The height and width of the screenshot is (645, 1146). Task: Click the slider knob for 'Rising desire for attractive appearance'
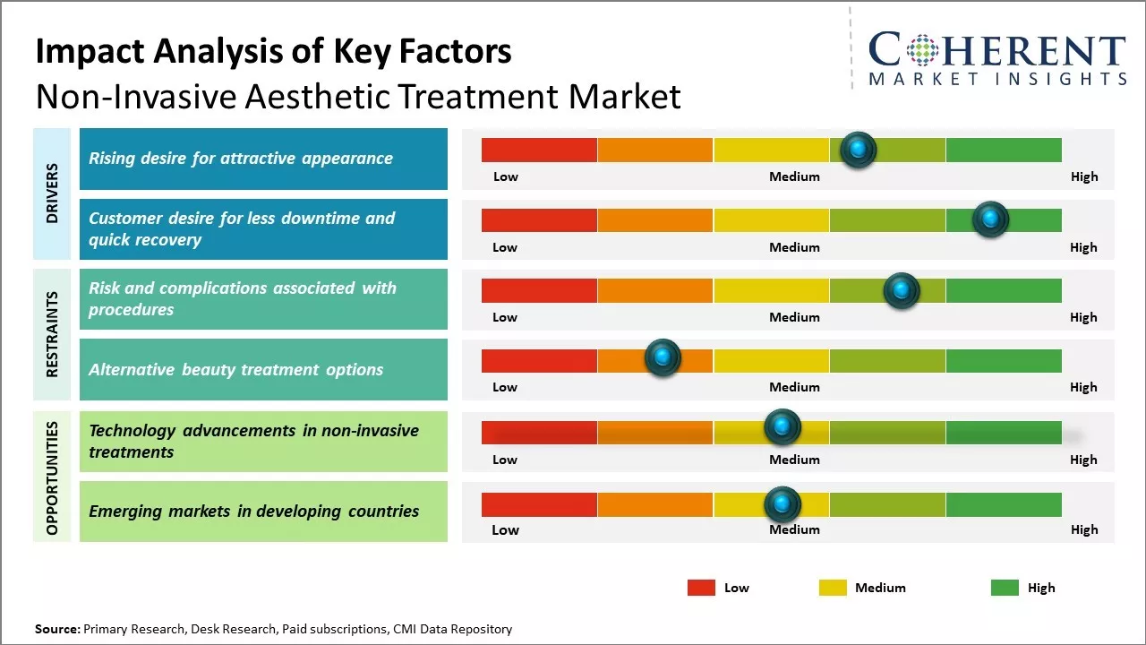(x=859, y=150)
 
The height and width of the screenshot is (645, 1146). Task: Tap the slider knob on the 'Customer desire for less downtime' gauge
(x=990, y=219)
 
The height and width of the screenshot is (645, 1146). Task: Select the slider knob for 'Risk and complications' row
(x=902, y=290)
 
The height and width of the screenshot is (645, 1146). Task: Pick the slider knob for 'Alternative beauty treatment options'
(x=663, y=358)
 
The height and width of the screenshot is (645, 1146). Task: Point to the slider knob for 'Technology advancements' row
(x=783, y=426)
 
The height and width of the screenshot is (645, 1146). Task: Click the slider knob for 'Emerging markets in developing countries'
(x=783, y=504)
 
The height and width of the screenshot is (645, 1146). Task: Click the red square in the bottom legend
(x=701, y=588)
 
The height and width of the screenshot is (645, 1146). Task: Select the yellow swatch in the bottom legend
(x=833, y=588)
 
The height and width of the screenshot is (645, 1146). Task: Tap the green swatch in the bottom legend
(x=1005, y=588)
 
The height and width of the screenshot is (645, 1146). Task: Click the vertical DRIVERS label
(x=52, y=193)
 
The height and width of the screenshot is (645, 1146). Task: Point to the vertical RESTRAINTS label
(x=52, y=333)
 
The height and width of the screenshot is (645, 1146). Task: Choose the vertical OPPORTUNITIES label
(x=52, y=477)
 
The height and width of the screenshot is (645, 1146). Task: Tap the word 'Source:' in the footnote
(x=57, y=629)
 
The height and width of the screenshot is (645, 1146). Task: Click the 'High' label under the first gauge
(x=1084, y=176)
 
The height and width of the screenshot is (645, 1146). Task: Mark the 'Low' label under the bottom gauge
(x=505, y=529)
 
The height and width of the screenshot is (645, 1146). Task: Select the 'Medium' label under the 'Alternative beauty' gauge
(x=794, y=387)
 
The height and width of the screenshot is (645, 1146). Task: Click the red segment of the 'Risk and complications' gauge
(x=539, y=290)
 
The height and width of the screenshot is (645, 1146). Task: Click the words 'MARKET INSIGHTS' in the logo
(x=997, y=79)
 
